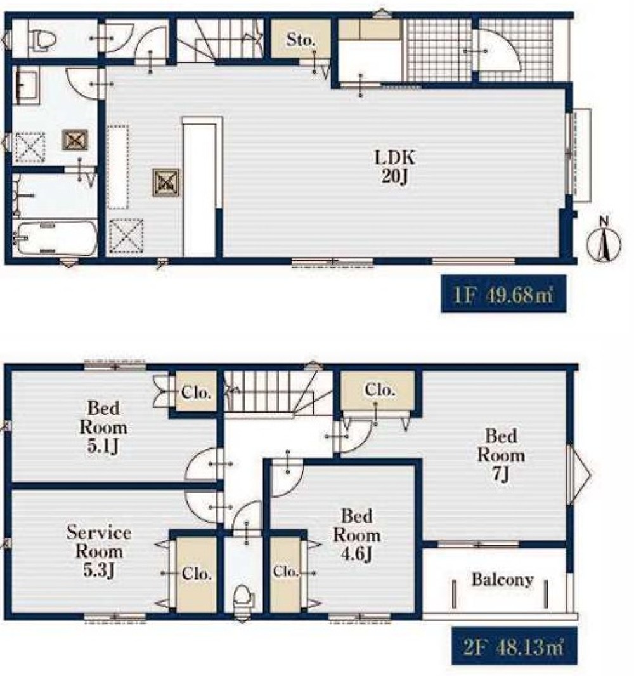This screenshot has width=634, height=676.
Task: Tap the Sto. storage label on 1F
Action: point(301,40)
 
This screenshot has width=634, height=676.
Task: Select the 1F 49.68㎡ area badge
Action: point(503,294)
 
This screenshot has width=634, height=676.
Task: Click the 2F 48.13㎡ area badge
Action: point(514,646)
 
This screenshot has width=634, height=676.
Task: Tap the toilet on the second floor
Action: point(242,597)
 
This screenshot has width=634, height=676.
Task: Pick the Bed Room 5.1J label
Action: point(103,427)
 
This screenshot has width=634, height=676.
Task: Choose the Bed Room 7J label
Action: point(500,456)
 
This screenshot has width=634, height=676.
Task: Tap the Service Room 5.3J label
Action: point(99,552)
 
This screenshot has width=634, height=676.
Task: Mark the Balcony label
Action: point(503,580)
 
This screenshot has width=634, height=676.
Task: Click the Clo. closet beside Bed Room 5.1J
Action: point(196,392)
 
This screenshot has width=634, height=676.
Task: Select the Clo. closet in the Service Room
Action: point(197,573)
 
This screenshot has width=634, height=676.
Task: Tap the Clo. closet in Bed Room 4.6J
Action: point(285,572)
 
